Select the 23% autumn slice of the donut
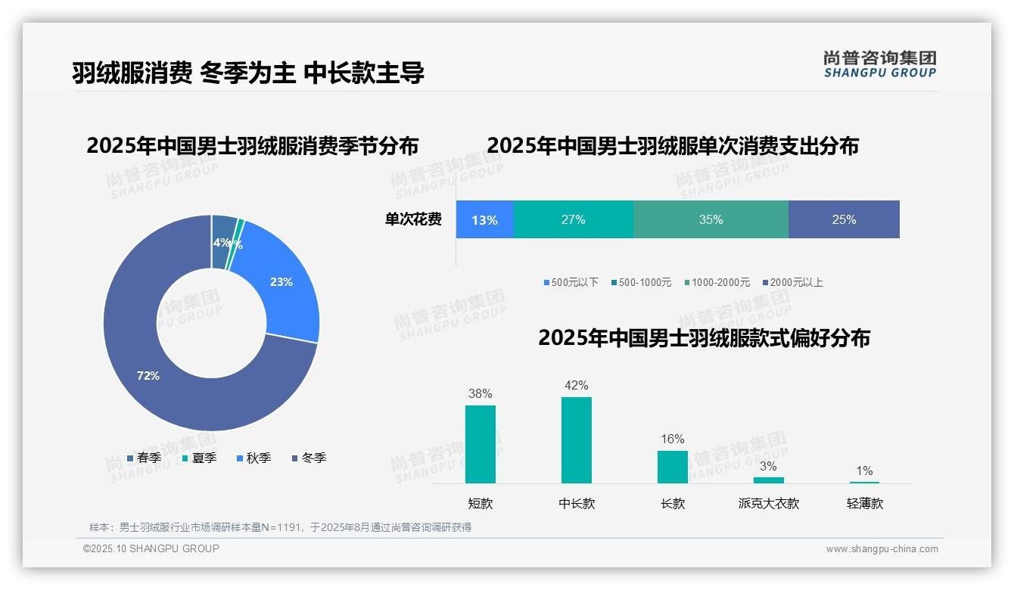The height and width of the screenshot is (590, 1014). (284, 284)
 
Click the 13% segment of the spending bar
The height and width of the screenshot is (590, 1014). (484, 219)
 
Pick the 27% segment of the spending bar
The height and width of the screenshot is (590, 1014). (573, 219)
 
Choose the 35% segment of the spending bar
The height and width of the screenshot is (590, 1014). (711, 219)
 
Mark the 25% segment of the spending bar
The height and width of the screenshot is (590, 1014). (844, 219)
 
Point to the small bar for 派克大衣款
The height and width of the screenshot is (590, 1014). (769, 480)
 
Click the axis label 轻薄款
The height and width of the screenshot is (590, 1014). (865, 503)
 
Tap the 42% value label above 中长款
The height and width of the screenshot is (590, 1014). (577, 386)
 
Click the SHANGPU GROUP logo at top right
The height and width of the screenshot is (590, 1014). (879, 64)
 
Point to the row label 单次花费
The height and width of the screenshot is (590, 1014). (413, 219)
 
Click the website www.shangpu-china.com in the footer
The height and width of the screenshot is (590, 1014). (882, 549)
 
